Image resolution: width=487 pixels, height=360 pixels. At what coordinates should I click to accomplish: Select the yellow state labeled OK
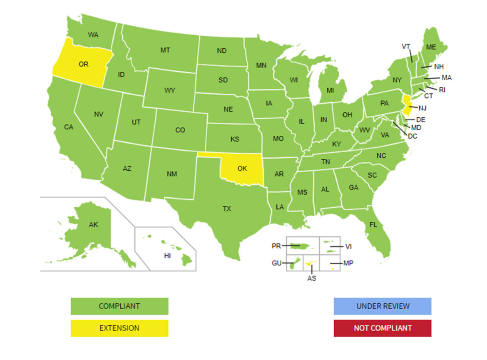coord(241,169)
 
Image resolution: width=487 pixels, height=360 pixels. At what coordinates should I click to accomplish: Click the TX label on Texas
coord(226,209)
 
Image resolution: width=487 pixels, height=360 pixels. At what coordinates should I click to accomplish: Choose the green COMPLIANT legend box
coord(119,306)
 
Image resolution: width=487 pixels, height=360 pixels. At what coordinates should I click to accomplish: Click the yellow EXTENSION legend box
coord(119,328)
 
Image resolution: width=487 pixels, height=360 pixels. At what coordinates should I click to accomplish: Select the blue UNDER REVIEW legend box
coord(383,306)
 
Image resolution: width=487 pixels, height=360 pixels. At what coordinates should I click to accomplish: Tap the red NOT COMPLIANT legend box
coord(383,328)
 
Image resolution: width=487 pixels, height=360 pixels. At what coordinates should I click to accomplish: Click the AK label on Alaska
coord(94,225)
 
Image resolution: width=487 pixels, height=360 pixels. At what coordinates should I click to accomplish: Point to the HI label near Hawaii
coord(167,256)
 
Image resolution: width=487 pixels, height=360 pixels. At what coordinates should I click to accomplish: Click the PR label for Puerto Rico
coord(276,246)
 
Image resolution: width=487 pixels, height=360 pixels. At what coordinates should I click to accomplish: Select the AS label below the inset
coord(312,278)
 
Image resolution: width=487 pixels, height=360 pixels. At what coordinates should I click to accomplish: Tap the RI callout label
coord(442,89)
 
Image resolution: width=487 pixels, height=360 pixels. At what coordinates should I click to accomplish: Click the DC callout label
coord(412,136)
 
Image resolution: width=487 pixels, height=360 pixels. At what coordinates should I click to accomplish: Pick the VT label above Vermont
coord(406,46)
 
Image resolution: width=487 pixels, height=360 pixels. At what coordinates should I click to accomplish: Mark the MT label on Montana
coord(165,50)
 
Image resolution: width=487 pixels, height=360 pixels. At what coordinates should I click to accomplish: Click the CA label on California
coord(69,127)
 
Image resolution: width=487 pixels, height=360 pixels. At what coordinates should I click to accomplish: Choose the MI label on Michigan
coord(330,90)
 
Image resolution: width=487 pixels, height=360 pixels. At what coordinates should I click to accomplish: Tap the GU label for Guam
coord(276,263)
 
